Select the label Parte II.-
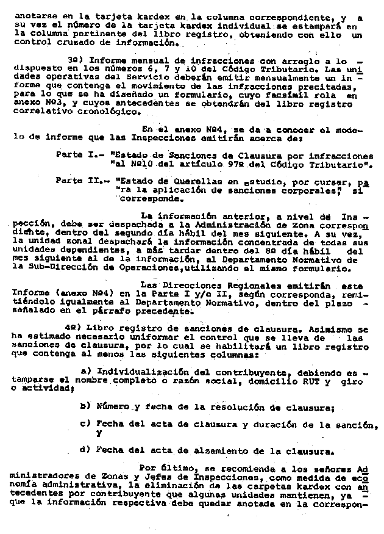tap(75, 181)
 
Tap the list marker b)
tap(86, 406)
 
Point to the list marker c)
tap(86, 424)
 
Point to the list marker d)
tap(86, 452)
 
